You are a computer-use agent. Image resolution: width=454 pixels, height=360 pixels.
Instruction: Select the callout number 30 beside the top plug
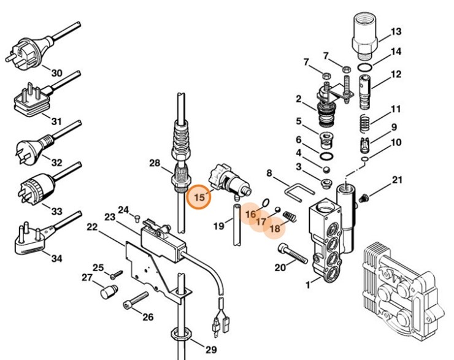tap(56, 73)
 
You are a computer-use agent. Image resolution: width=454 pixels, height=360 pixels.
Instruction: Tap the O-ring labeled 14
tap(364, 66)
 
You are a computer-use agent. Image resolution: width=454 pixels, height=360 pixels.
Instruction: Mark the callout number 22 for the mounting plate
tap(92, 228)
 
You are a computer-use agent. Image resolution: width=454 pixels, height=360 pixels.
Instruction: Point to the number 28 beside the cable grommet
tap(154, 163)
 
